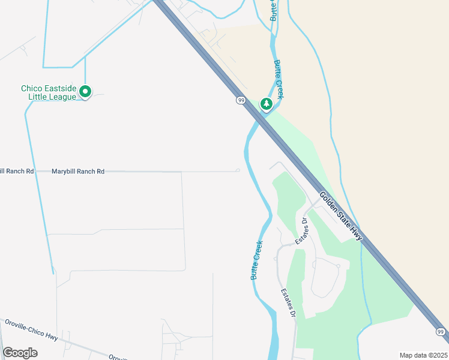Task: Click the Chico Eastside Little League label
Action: coord(49,92)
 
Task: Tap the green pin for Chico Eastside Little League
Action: coord(85,92)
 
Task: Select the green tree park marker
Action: coord(266,104)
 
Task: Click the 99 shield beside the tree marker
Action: coord(241,100)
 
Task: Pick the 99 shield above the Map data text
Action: coord(441,332)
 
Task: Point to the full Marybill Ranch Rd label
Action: coord(78,172)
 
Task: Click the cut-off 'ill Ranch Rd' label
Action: coord(17,172)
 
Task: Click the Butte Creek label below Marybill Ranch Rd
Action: coord(256,260)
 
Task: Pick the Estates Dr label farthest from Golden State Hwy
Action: coord(289,304)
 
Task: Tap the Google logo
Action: coord(20,353)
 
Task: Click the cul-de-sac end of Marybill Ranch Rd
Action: coord(238,170)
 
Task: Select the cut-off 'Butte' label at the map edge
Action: coord(273,11)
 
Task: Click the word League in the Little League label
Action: coord(64,97)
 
